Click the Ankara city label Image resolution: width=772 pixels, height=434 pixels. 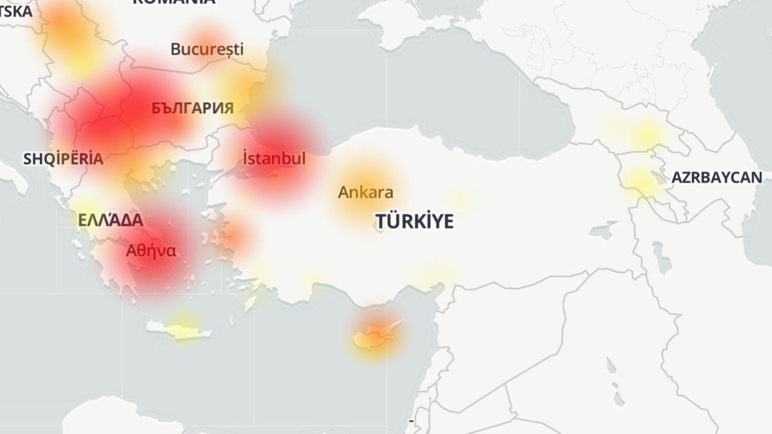coord(365,192)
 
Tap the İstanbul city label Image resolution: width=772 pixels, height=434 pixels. coord(275,158)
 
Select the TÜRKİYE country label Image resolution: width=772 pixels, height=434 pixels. coord(414,222)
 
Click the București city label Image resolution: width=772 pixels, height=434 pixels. coord(207,49)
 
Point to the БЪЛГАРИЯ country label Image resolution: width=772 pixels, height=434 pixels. coord(192,108)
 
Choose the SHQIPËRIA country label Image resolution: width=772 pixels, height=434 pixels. coord(63,159)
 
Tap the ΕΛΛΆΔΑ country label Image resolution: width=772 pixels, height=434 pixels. coord(110,220)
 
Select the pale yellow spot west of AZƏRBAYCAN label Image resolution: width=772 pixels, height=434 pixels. coord(640,182)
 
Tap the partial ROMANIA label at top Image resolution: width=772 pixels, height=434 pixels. coord(173,3)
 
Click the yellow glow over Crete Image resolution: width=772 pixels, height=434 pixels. coord(183,321)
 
